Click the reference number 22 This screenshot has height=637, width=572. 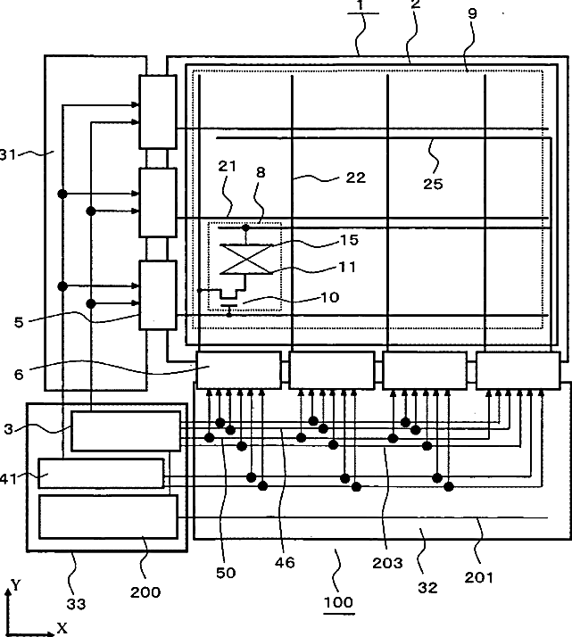coord(355,178)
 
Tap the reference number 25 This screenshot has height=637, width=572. coord(433,184)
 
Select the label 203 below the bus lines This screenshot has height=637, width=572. coord(387,563)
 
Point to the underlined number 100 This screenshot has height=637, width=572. coord(338,602)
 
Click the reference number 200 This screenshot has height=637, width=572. coord(145,592)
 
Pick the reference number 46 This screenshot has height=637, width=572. coord(285,563)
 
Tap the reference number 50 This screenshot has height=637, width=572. coord(226,573)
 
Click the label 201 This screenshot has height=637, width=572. coord(479,577)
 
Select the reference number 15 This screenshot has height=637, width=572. coord(349,240)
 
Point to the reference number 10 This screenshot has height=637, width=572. coord(330,297)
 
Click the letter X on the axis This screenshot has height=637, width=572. coord(62,628)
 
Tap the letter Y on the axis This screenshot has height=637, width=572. coord(16,585)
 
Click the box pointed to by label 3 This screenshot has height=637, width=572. coord(126,431)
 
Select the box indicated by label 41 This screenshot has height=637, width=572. coord(101,473)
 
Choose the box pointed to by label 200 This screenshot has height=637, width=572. coord(109,517)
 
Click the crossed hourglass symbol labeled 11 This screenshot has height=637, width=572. coord(246,260)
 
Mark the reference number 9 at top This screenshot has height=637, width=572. coord(472,13)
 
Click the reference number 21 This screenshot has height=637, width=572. coord(227,166)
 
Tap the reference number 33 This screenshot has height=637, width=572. coord(76,604)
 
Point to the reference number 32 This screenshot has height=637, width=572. coord(427,587)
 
